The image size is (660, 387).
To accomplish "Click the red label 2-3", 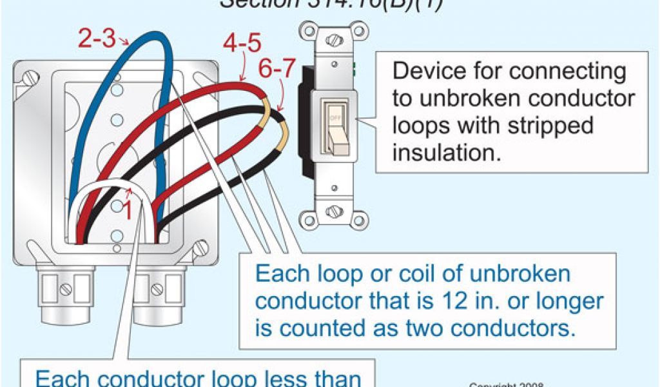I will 97,39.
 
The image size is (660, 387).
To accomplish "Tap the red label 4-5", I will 242,44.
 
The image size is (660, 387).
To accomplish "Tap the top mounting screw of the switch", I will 333,41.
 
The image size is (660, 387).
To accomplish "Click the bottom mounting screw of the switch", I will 334,212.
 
